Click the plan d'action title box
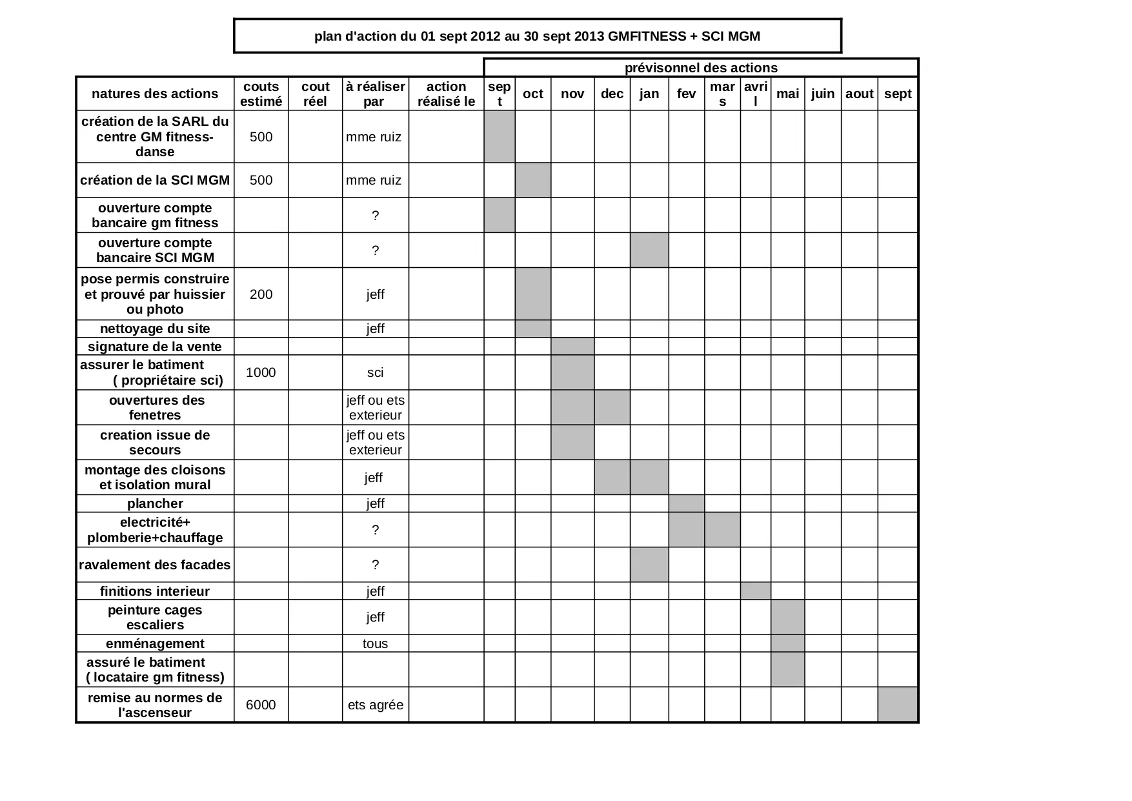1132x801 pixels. [537, 36]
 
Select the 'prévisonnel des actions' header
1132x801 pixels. [701, 68]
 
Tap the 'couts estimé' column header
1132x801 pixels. [261, 94]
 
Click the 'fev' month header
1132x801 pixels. [686, 94]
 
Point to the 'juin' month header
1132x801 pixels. [822, 94]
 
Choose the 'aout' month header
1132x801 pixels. [859, 94]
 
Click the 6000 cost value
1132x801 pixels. [261, 705]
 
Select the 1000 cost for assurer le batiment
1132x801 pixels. [261, 372]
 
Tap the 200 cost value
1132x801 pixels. [261, 294]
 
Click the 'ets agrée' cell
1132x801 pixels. [375, 705]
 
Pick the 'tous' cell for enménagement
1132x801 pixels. [375, 644]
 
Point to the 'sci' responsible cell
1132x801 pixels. [375, 372]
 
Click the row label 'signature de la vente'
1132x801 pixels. [155, 347]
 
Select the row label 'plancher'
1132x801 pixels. [155, 503]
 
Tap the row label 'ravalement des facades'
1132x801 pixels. [155, 565]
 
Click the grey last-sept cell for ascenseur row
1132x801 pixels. [897, 704]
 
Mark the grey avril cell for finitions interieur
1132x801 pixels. [755, 591]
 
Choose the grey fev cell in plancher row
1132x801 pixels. [686, 503]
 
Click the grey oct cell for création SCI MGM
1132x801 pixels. [532, 180]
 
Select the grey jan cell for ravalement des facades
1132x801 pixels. [649, 565]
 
